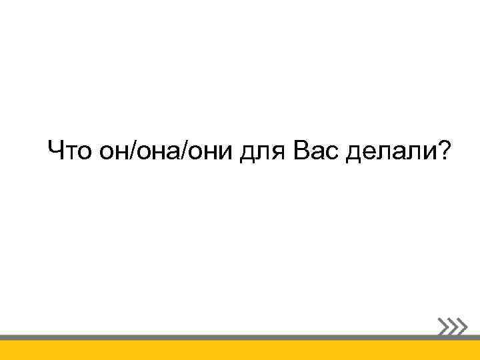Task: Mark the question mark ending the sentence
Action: coord(442,151)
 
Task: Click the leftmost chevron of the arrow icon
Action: coord(443,325)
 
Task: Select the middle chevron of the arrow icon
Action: coord(452,325)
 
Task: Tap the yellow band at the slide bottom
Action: coord(240,351)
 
